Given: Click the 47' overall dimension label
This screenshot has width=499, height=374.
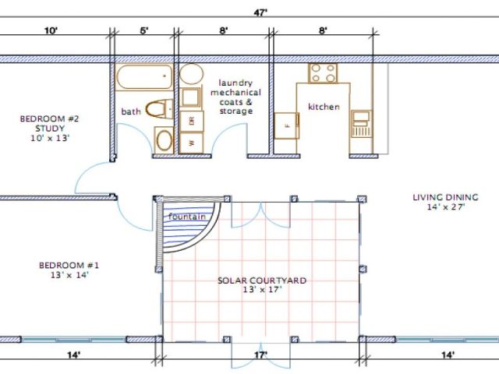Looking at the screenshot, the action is pyautogui.click(x=260, y=12).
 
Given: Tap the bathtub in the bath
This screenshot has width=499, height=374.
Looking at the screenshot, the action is pyautogui.click(x=144, y=77).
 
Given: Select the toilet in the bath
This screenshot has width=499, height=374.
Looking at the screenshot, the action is pyautogui.click(x=159, y=109).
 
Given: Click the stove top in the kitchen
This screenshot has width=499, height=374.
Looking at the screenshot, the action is pyautogui.click(x=323, y=73).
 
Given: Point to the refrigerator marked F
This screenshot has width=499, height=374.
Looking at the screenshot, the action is pyautogui.click(x=286, y=125).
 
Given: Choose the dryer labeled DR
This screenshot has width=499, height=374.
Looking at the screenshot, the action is pyautogui.click(x=192, y=122).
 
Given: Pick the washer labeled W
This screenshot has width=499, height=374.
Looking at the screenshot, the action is pyautogui.click(x=192, y=143).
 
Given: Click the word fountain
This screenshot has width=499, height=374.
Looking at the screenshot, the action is pyautogui.click(x=187, y=217).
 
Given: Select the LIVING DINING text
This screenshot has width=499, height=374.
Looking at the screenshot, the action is pyautogui.click(x=445, y=197).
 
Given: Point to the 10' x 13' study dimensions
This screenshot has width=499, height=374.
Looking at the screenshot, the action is pyautogui.click(x=50, y=138).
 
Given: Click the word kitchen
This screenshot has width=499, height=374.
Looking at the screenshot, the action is pyautogui.click(x=324, y=107).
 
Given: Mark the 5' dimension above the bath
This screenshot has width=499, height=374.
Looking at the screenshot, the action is pyautogui.click(x=144, y=30).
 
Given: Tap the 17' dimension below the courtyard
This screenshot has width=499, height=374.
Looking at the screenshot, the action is pyautogui.click(x=261, y=355).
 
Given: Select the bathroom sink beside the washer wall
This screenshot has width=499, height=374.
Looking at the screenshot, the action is pyautogui.click(x=165, y=140).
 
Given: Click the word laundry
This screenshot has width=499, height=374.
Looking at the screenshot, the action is pyautogui.click(x=235, y=83).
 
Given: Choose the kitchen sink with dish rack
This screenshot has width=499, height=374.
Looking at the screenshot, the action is pyautogui.click(x=361, y=124).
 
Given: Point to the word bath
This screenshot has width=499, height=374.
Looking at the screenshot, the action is pyautogui.click(x=131, y=111).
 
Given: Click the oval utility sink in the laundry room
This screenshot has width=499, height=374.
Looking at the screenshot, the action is pyautogui.click(x=191, y=74).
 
